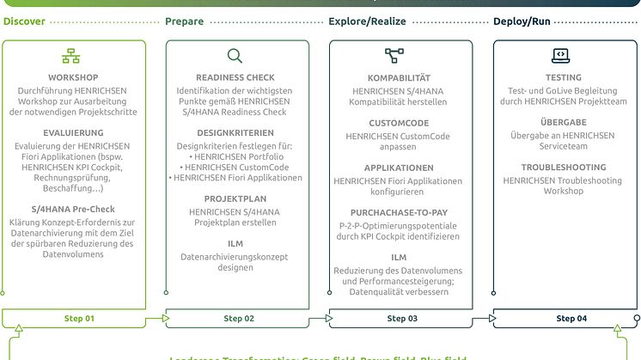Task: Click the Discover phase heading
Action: [x=23, y=21]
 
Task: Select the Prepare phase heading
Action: [x=184, y=21]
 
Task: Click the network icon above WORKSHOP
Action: [x=70, y=57]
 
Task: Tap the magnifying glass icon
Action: [x=235, y=57]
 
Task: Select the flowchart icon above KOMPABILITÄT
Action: [x=394, y=57]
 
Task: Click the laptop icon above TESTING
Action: [x=559, y=57]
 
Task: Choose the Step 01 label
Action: [x=80, y=319]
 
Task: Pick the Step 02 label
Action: [x=239, y=319]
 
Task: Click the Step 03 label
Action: [x=401, y=319]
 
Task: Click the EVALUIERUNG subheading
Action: [x=73, y=133]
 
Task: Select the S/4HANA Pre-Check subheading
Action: [x=73, y=210]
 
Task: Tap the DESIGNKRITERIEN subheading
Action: [x=235, y=133]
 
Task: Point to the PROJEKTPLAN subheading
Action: [x=235, y=198]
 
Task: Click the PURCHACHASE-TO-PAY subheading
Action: [x=399, y=212]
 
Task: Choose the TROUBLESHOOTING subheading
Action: [x=563, y=168]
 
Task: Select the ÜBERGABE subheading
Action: [x=563, y=123]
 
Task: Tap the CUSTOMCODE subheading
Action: [x=399, y=123]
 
